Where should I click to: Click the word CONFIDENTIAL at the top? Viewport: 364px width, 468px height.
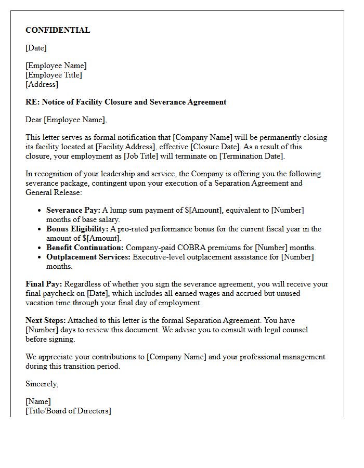[58, 30]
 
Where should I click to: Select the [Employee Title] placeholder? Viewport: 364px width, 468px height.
[54, 75]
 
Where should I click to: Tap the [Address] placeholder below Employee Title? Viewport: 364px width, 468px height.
[42, 84]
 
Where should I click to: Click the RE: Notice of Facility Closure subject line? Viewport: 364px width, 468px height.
[126, 102]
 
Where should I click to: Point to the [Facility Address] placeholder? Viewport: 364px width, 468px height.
[124, 147]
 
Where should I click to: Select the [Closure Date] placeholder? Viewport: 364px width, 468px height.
[205, 147]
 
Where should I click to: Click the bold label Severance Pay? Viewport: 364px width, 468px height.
[73, 210]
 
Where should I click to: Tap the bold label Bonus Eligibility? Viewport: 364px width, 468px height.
[77, 229]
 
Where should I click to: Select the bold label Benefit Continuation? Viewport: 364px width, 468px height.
[85, 248]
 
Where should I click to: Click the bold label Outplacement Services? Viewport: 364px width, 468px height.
[88, 257]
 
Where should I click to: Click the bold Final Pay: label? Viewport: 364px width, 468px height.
[44, 284]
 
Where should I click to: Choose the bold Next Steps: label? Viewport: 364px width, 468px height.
[45, 320]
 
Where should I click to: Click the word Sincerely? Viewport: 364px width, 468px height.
[42, 384]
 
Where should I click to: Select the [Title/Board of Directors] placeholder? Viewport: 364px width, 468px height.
[68, 411]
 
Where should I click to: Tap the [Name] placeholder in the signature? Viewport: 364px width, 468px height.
[38, 401]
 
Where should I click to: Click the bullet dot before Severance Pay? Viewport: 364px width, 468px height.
[40, 211]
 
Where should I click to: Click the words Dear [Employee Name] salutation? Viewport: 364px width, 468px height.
[66, 120]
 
